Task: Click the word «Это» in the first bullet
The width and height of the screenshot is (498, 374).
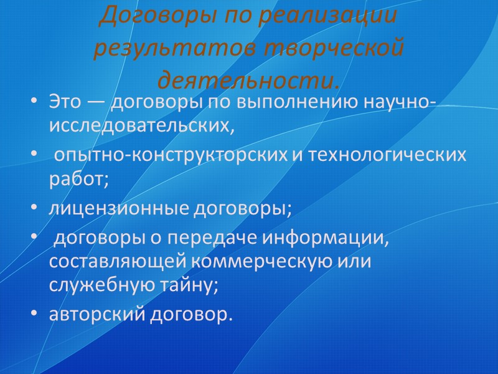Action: coord(65,102)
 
